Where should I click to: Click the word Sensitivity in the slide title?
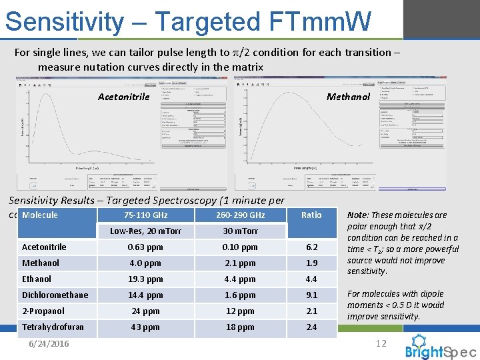pos(64,21)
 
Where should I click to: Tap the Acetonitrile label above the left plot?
pos(123,97)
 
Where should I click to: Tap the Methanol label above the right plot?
pos(348,97)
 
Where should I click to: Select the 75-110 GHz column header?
pos(146,215)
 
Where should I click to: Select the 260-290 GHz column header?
pos(240,215)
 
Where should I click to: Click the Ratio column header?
pos(311,215)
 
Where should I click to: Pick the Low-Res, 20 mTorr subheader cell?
pos(146,231)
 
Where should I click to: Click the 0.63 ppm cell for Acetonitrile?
pos(146,247)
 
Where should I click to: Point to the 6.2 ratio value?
pos(311,247)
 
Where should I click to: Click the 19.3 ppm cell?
pos(146,279)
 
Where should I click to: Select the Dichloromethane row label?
pos(55,295)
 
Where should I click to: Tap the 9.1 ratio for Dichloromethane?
pos(311,295)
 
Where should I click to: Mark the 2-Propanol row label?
pos(43,311)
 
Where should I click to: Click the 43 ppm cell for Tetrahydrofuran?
pos(146,327)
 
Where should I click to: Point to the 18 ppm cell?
pos(240,327)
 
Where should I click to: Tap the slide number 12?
pos(381,343)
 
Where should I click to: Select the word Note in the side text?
pos(358,215)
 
